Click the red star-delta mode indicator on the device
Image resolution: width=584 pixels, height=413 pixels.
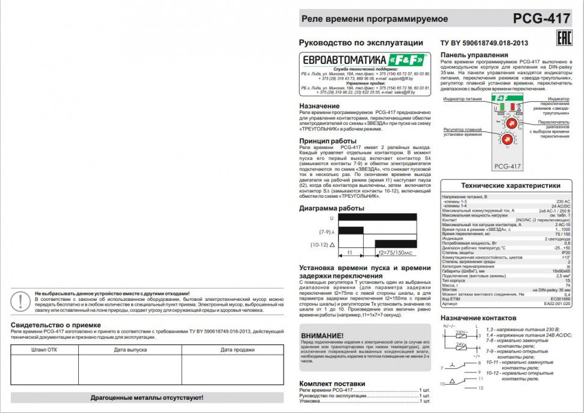pos(512,107)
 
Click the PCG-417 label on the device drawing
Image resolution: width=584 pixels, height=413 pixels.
pos(507,166)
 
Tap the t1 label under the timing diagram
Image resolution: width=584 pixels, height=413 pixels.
pos(350,253)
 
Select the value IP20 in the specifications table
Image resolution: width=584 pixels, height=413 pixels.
pos(565,253)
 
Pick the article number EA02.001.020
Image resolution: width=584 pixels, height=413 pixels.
pos(557,303)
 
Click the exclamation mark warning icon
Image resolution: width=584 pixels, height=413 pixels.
pos(22,300)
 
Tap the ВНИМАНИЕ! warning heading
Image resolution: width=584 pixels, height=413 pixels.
pos(322,335)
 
